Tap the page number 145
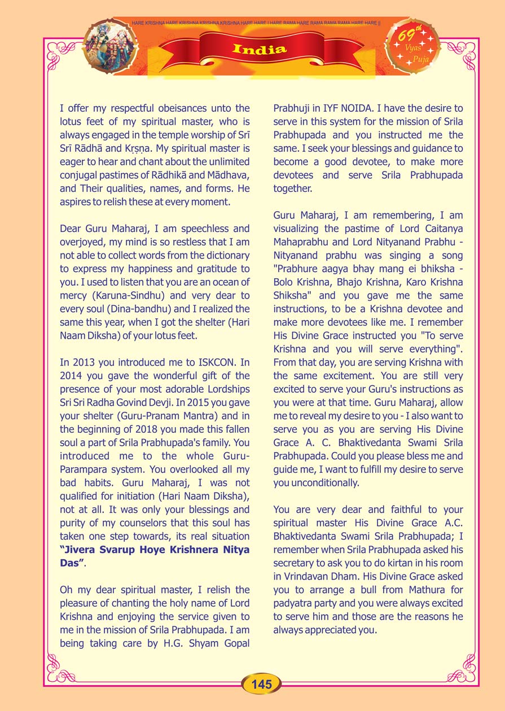tap(262, 684)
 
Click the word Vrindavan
tap(310, 576)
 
